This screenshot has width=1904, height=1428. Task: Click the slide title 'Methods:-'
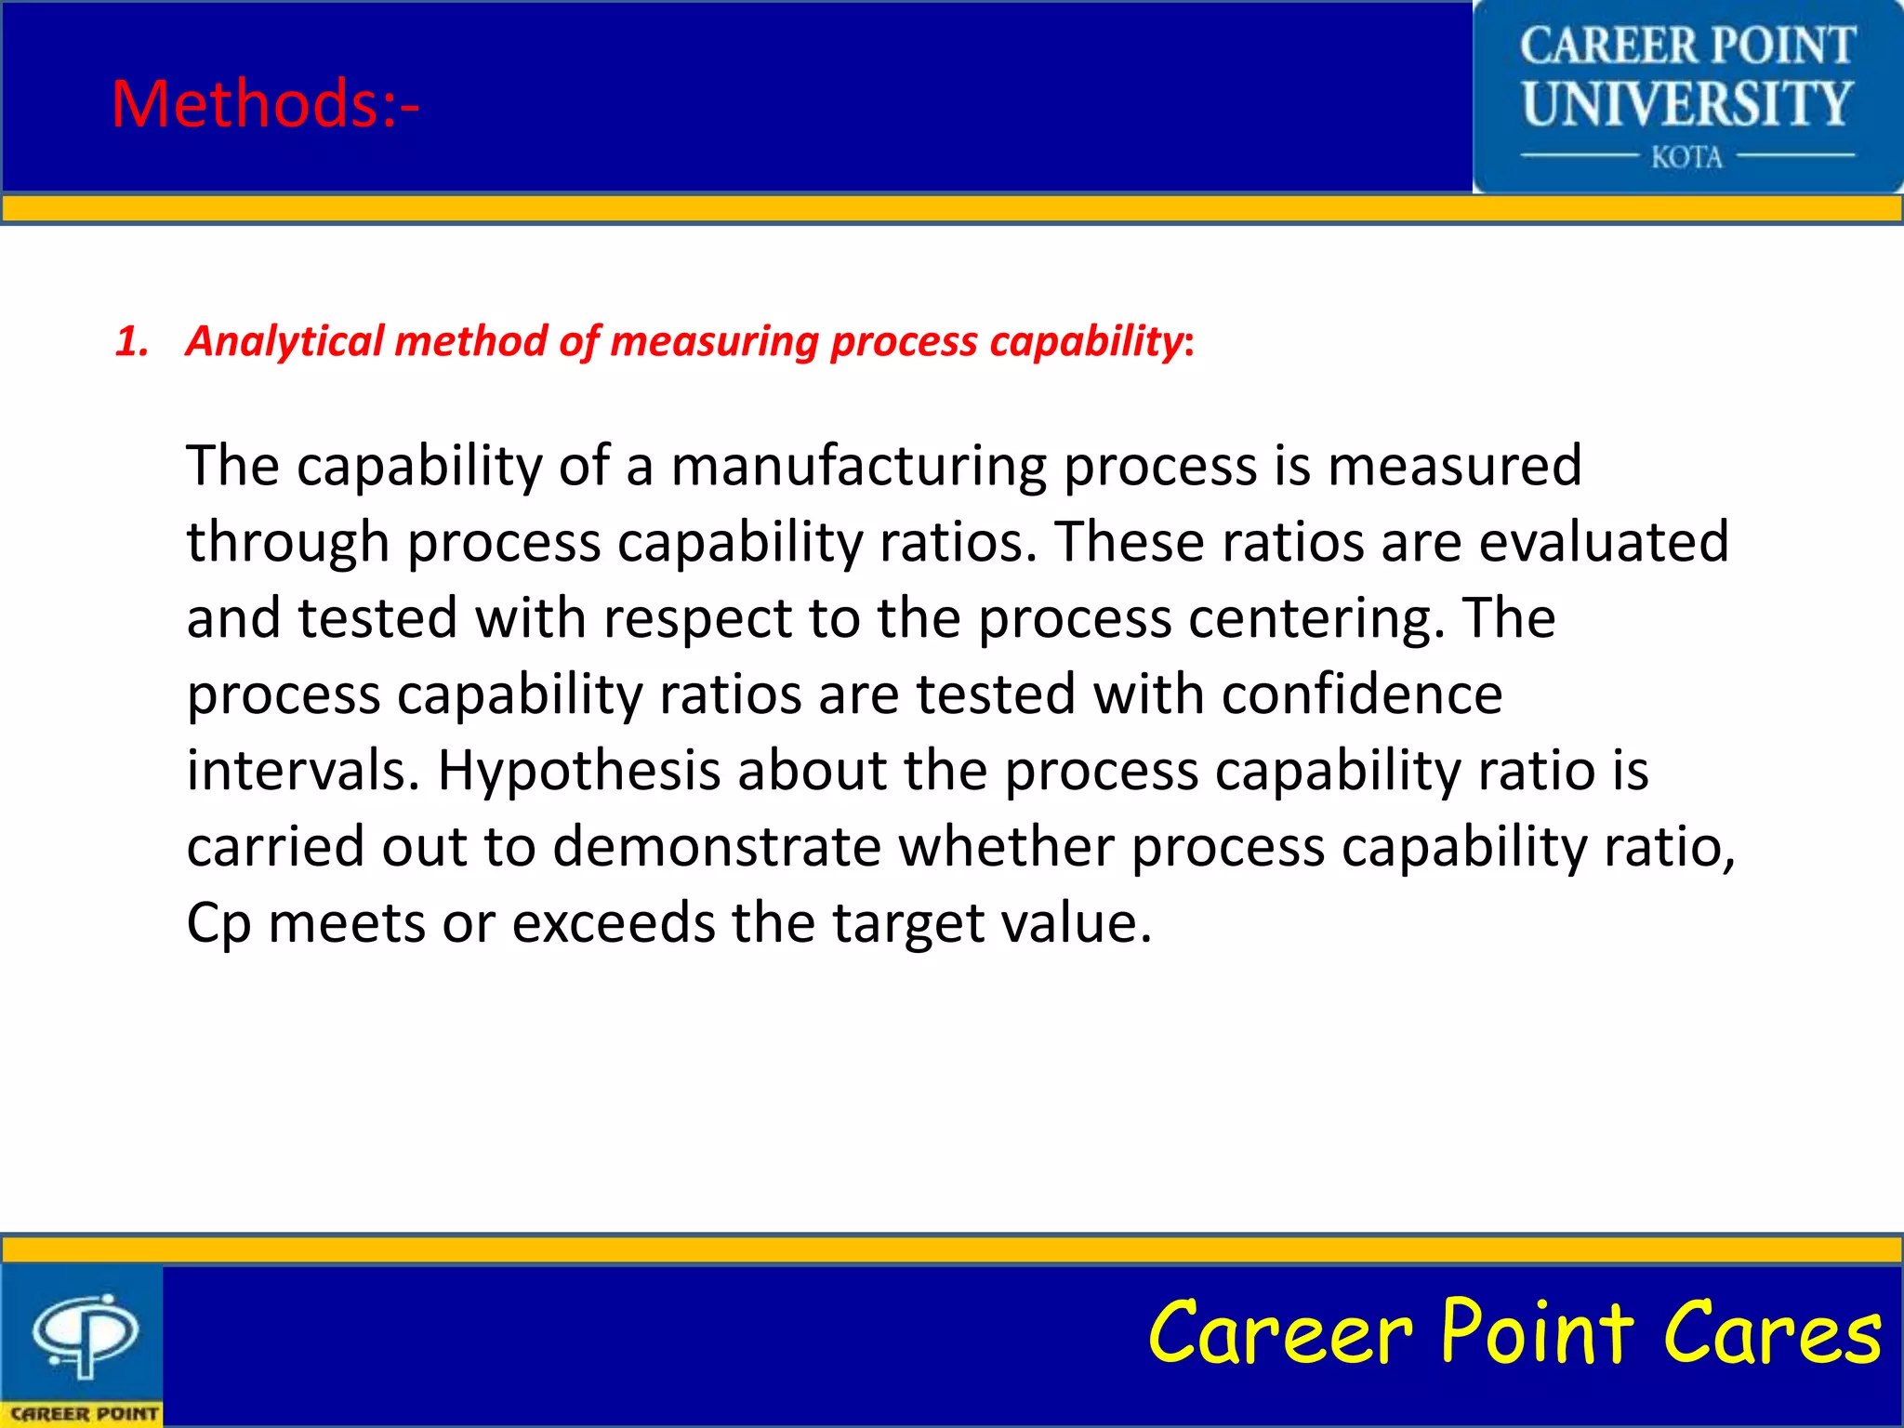coord(265,103)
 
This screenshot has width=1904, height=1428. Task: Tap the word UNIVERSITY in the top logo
coord(1686,103)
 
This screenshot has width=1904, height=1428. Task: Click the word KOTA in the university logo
coord(1686,157)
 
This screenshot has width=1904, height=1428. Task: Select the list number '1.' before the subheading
coord(132,341)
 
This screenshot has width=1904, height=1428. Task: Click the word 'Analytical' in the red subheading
coord(284,341)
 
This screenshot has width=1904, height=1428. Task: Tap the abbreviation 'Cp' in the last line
coord(218,924)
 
